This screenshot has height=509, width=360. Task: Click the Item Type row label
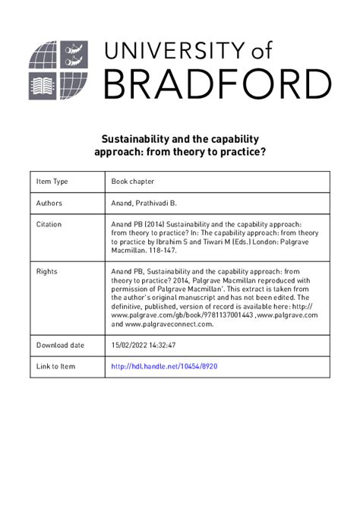52,182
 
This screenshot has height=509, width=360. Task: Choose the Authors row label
49,204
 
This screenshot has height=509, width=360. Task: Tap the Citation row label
49,225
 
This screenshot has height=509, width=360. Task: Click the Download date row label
61,345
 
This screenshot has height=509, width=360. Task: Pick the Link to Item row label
56,366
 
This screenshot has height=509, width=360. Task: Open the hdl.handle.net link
165,366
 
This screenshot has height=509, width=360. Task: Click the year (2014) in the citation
152,225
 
